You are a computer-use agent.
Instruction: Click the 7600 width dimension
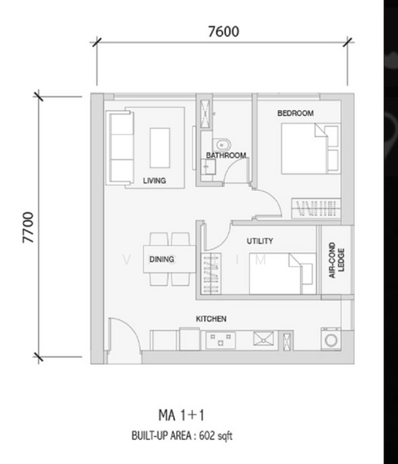[x=223, y=32]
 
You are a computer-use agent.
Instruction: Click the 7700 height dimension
[x=29, y=227]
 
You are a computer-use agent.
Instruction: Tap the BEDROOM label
[x=295, y=113]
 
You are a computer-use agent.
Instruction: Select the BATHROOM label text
[x=226, y=155]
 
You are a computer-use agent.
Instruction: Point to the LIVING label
[x=155, y=180]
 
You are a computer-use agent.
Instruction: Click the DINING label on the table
[x=162, y=260]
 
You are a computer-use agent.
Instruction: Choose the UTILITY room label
[x=260, y=241]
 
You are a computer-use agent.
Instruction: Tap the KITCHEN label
[x=211, y=319]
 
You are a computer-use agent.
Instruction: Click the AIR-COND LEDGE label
[x=336, y=260]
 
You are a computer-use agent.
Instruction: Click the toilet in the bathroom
[x=222, y=145]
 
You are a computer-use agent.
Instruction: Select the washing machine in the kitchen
[x=331, y=339]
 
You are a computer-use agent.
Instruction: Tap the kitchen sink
[x=264, y=339]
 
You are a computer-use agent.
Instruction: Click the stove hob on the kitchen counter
[x=220, y=340]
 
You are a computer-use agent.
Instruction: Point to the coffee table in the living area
[x=160, y=148]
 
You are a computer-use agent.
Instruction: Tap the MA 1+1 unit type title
[x=182, y=415]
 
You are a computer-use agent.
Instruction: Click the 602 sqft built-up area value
[x=216, y=435]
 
